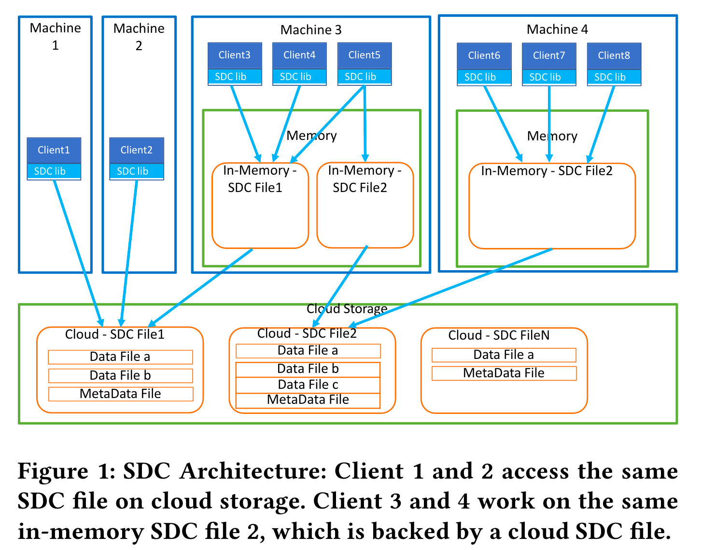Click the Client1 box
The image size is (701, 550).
pyautogui.click(x=54, y=150)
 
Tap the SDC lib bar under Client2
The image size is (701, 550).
pyautogui.click(x=136, y=171)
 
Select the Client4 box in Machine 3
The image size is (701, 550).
pyautogui.click(x=299, y=55)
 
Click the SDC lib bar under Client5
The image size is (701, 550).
pyautogui.click(x=364, y=77)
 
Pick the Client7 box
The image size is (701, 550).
pyautogui.click(x=549, y=55)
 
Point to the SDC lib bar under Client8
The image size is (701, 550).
pyautogui.click(x=614, y=77)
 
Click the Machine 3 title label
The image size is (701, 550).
pyautogui.click(x=311, y=30)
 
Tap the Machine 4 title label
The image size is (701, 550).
pyautogui.click(x=557, y=29)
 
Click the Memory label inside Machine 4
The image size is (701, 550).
pyautogui.click(x=552, y=136)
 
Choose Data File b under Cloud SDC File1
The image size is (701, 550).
pyautogui.click(x=120, y=375)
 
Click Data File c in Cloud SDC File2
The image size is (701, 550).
pyautogui.click(x=308, y=385)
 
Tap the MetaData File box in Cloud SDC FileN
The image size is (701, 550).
pyautogui.click(x=504, y=373)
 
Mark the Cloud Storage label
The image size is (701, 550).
pyautogui.click(x=347, y=309)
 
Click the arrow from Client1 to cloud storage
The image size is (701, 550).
pyautogui.click(x=77, y=251)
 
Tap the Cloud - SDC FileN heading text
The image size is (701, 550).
pyautogui.click(x=499, y=335)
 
